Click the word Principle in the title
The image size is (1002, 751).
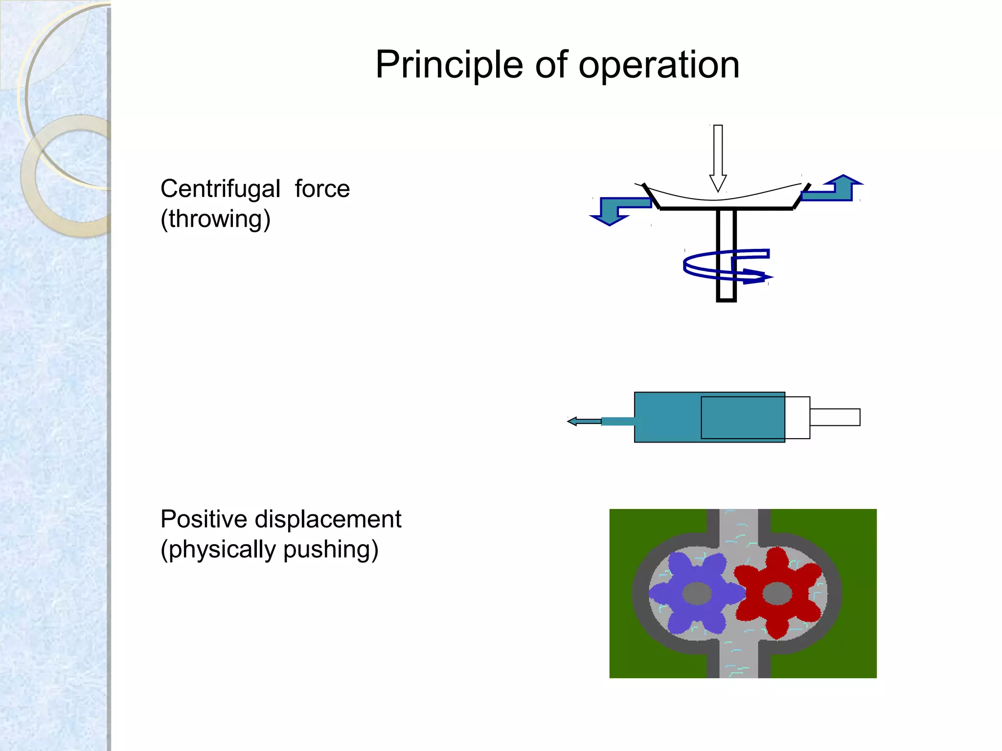(x=449, y=65)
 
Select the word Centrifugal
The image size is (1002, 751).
(x=220, y=189)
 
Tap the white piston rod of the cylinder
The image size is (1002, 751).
(x=835, y=417)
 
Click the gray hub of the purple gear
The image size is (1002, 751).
(x=697, y=594)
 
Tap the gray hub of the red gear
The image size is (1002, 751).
(x=777, y=594)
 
